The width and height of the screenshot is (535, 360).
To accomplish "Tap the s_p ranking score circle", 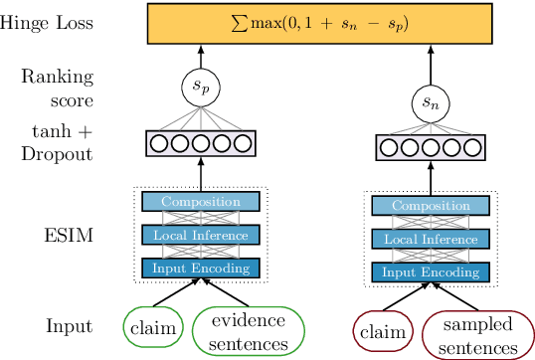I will (200, 87).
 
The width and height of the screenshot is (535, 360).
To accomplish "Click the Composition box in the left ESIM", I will (200, 202).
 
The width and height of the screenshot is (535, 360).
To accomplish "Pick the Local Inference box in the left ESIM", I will (200, 235).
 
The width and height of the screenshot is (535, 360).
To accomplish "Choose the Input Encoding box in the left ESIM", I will (200, 267).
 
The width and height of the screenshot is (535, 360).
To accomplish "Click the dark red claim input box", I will (383, 330).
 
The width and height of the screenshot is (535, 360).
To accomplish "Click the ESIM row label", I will (69, 237).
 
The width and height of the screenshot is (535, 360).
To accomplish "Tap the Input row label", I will (69, 325).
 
